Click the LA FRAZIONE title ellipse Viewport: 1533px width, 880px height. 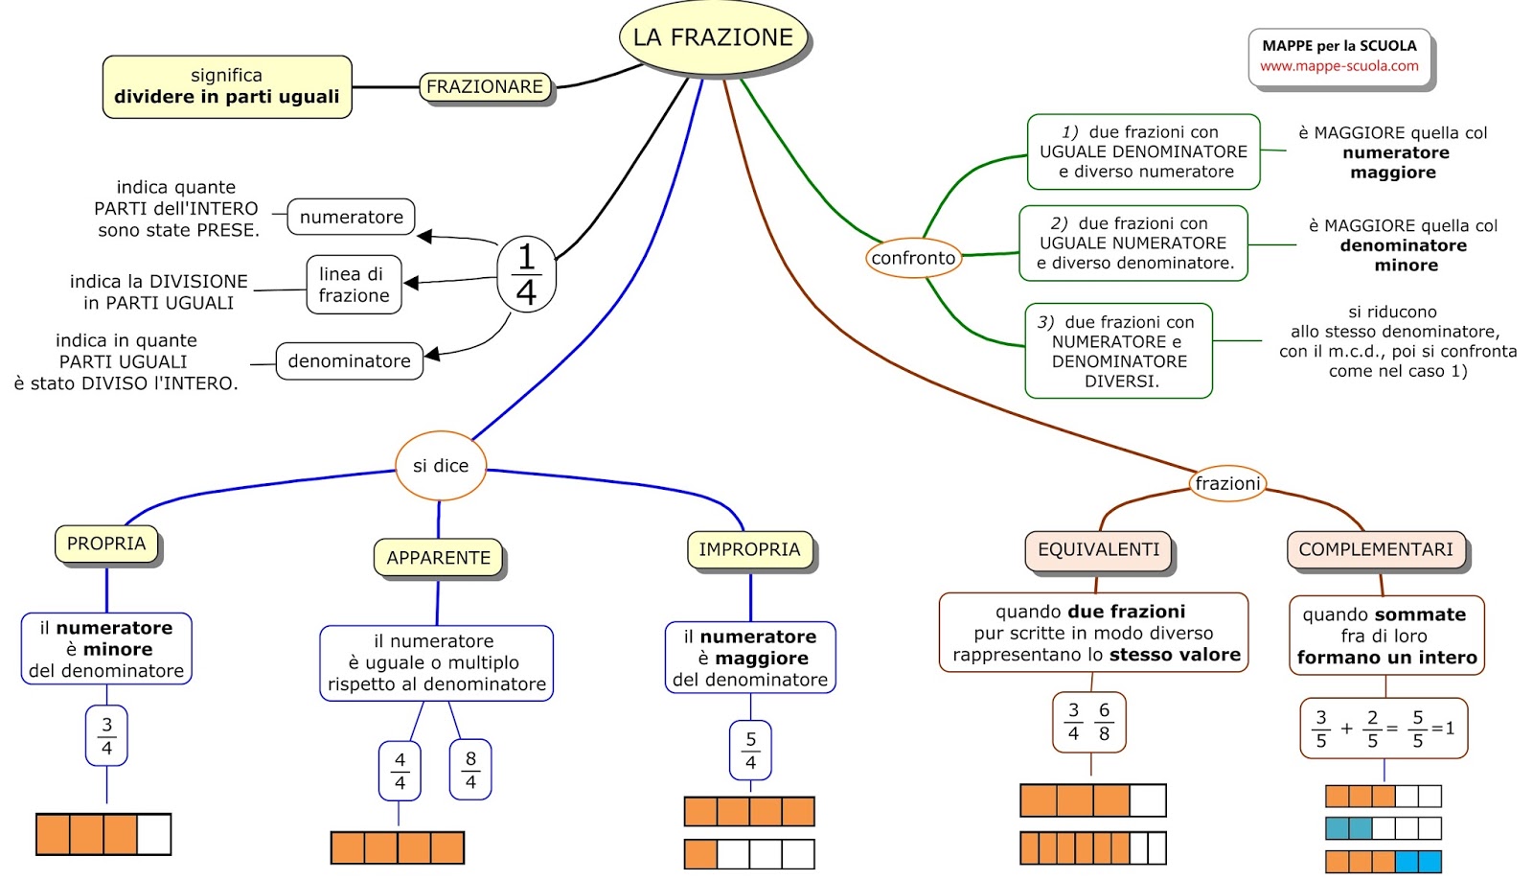[x=714, y=37]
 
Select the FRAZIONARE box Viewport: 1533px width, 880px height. [x=485, y=87]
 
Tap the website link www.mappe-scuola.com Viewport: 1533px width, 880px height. [x=1339, y=66]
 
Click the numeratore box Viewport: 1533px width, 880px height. [x=351, y=218]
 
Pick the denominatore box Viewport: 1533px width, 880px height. [x=349, y=361]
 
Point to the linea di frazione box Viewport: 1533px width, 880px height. [x=354, y=285]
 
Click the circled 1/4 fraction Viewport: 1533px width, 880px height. [x=526, y=274]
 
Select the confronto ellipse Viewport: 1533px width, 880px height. [x=913, y=258]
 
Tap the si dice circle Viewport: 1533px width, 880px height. [x=441, y=466]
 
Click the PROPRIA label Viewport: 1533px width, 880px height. [x=106, y=544]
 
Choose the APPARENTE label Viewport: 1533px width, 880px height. [x=438, y=558]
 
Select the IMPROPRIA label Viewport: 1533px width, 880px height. [x=749, y=549]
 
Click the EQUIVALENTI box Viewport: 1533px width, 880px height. [x=1098, y=550]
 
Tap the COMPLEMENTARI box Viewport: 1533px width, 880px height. [x=1376, y=550]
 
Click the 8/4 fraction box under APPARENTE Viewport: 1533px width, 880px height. [x=470, y=770]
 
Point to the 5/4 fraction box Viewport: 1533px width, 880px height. [x=750, y=751]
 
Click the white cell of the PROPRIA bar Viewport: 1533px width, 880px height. [x=153, y=834]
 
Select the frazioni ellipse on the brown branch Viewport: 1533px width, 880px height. [x=1227, y=484]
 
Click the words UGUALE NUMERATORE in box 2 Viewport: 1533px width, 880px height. [x=1133, y=243]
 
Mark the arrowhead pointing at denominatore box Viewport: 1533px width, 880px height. [x=431, y=355]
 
